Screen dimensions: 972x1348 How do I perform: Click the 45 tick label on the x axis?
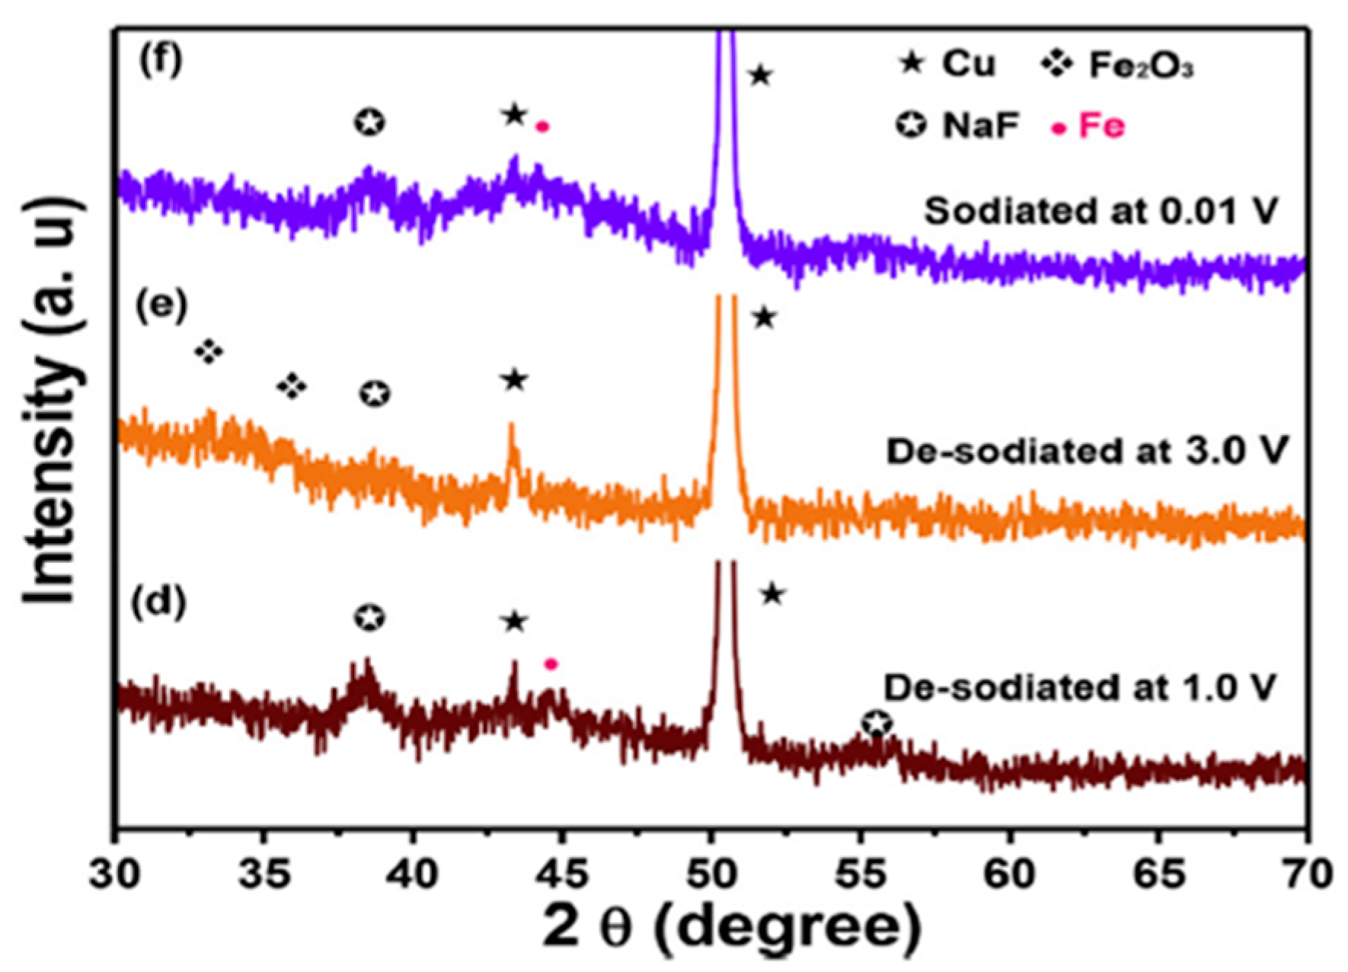tap(561, 874)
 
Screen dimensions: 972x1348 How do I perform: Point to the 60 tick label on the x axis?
tap(1010, 874)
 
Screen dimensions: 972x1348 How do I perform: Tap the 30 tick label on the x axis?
tap(114, 874)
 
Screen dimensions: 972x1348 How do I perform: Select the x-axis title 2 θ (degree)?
tap(731, 928)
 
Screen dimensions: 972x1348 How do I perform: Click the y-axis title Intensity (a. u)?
tap(52, 400)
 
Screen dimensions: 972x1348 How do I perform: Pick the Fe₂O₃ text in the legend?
tap(1141, 66)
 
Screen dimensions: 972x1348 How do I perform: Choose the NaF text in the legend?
tap(980, 126)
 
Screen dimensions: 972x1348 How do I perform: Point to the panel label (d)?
tap(158, 604)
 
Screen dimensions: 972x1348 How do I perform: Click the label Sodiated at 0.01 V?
tap(1100, 212)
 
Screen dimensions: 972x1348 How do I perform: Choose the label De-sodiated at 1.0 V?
tap(1079, 688)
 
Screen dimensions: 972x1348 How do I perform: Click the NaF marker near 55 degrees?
tap(877, 724)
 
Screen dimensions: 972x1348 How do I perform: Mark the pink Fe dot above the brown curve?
tap(551, 664)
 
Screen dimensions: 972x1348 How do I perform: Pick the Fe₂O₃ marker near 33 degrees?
tap(209, 352)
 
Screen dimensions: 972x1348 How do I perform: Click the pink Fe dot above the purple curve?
tap(542, 127)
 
